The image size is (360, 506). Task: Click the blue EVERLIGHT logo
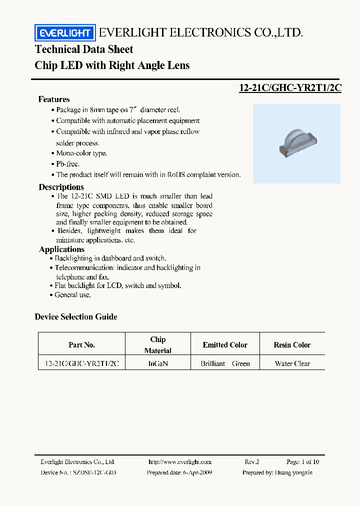click(64, 33)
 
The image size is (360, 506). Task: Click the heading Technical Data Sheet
click(84, 49)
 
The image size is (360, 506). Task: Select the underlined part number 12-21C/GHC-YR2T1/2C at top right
click(290, 87)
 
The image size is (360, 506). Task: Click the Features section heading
click(54, 99)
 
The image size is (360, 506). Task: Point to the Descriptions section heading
click(61, 187)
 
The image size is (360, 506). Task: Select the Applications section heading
click(61, 249)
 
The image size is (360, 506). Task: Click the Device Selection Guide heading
click(76, 316)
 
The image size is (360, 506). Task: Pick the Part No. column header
click(81, 345)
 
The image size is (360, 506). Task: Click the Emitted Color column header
click(225, 345)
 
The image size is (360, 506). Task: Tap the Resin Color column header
click(292, 345)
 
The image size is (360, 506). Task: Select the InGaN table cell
click(158, 363)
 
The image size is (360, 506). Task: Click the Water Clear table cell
click(292, 363)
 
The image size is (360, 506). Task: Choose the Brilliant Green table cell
click(225, 363)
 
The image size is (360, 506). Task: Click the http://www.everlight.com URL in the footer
click(180, 462)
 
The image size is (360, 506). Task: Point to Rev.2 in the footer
click(252, 462)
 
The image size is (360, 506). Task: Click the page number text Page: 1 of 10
click(303, 462)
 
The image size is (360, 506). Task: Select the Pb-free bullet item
click(67, 164)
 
